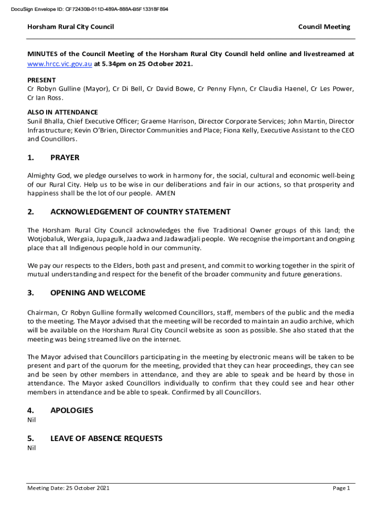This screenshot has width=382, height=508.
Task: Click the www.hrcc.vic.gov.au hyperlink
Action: (x=60, y=64)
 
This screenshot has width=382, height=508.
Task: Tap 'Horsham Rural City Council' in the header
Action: (x=70, y=27)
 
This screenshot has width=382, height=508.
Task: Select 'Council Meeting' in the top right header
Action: (x=324, y=27)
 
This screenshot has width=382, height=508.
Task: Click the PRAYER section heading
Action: (x=64, y=158)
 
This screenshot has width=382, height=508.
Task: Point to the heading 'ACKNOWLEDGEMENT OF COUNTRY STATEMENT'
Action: (x=140, y=212)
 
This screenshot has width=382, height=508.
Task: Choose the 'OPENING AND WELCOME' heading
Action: (x=98, y=293)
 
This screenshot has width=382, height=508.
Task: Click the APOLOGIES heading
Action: (x=71, y=410)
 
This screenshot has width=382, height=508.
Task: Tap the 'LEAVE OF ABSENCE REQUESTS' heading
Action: (x=106, y=439)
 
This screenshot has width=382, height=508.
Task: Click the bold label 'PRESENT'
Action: (x=42, y=80)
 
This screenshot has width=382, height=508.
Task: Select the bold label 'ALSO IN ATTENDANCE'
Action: (x=63, y=112)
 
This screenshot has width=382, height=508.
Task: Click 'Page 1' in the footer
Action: (x=341, y=488)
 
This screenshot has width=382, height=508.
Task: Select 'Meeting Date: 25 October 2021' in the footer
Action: (x=68, y=488)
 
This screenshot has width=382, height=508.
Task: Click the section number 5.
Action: (x=31, y=439)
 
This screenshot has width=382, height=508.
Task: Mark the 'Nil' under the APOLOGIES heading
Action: (x=32, y=420)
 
